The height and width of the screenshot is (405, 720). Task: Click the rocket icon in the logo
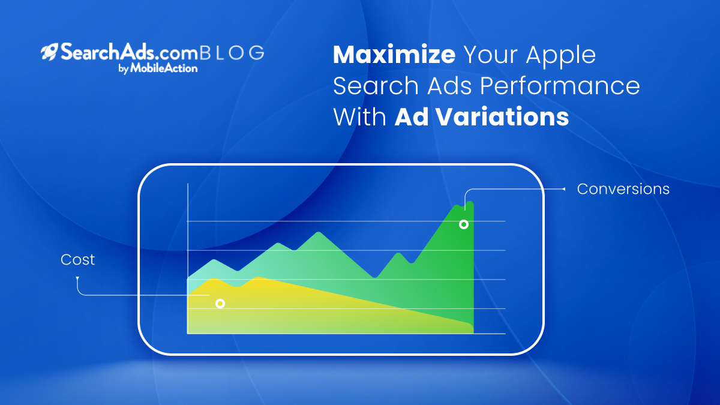click(x=49, y=52)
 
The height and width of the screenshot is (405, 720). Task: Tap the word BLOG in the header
click(x=232, y=53)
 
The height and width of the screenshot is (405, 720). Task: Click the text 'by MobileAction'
click(x=158, y=68)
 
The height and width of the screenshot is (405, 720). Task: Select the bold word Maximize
click(x=394, y=55)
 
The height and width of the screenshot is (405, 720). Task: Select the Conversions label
click(x=623, y=188)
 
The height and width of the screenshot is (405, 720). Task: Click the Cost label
click(x=78, y=259)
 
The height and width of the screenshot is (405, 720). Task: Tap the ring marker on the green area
click(x=463, y=224)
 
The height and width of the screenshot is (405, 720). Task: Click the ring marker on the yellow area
click(x=220, y=304)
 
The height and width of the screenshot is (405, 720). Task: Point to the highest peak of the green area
click(x=470, y=202)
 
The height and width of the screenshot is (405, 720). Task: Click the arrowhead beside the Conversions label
click(x=563, y=189)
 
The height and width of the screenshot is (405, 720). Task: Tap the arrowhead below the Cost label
click(x=77, y=278)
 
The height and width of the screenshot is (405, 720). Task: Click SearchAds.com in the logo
click(x=128, y=52)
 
